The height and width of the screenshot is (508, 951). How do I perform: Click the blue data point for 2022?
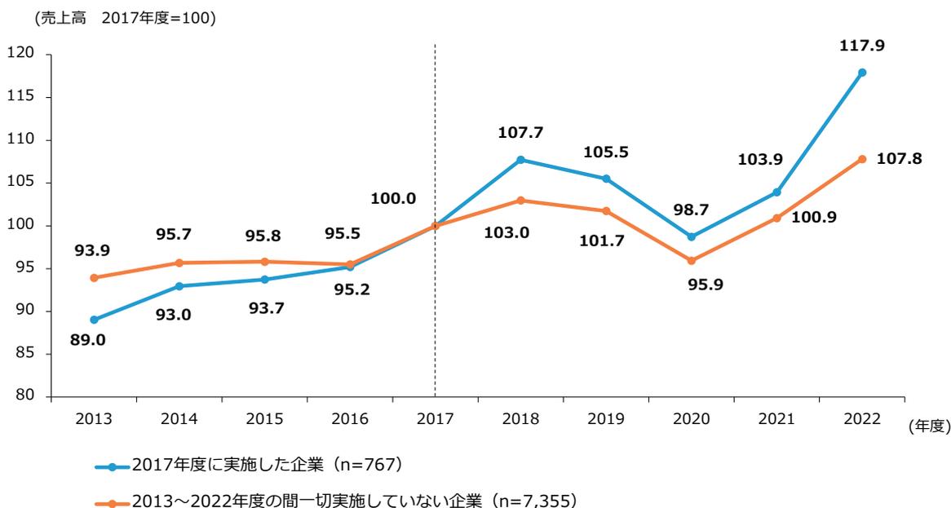point(862,73)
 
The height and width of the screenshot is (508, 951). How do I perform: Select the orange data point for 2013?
point(94,277)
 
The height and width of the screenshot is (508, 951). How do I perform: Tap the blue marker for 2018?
point(520,160)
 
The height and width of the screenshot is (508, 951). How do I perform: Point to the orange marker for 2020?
point(692,261)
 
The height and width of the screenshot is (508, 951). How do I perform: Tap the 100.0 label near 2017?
point(393,198)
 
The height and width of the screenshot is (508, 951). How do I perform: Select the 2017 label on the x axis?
point(435,418)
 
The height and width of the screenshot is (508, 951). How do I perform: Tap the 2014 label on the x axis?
point(179,418)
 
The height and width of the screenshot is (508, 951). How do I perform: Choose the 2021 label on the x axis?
point(776,418)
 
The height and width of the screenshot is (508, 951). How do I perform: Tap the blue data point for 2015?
point(264,280)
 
